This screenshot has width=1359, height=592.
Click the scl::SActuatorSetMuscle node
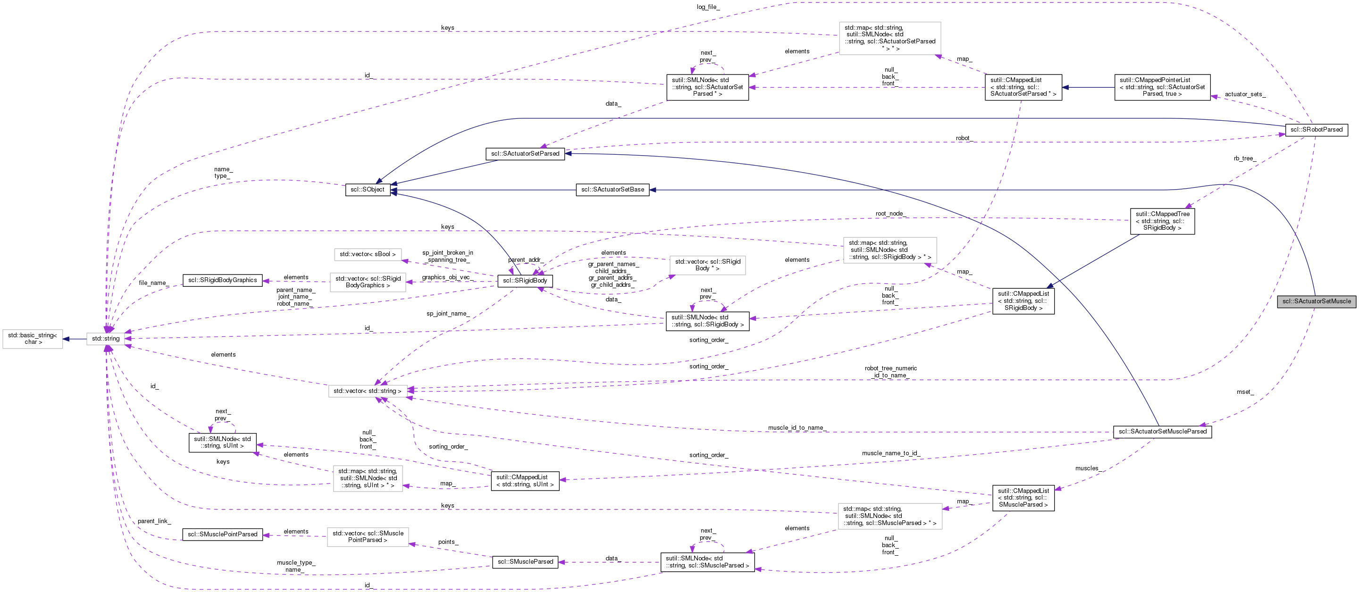pos(1316,301)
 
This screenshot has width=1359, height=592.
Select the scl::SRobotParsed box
pos(1316,130)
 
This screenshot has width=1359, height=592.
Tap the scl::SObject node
pos(368,190)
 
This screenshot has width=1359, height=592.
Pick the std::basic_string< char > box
pos(33,339)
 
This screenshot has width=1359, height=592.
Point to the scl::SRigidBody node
pos(525,281)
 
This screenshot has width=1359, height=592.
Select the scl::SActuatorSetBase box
pos(612,190)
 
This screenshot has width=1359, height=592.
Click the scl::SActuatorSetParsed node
pos(525,154)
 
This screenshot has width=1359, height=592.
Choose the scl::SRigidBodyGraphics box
pos(223,281)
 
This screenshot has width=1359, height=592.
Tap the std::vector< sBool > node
pos(367,255)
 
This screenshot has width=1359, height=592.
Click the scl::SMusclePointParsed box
pos(223,534)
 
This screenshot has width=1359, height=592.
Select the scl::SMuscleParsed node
pos(525,562)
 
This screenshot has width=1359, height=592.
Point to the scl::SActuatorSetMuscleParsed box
pos(1162,432)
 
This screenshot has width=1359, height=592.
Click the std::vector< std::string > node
pos(367,391)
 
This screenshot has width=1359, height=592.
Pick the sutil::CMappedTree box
pos(1162,221)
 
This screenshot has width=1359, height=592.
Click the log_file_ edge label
pos(707,7)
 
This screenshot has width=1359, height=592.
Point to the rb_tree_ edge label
pos(1244,158)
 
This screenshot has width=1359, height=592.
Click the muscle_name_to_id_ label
pos(890,453)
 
